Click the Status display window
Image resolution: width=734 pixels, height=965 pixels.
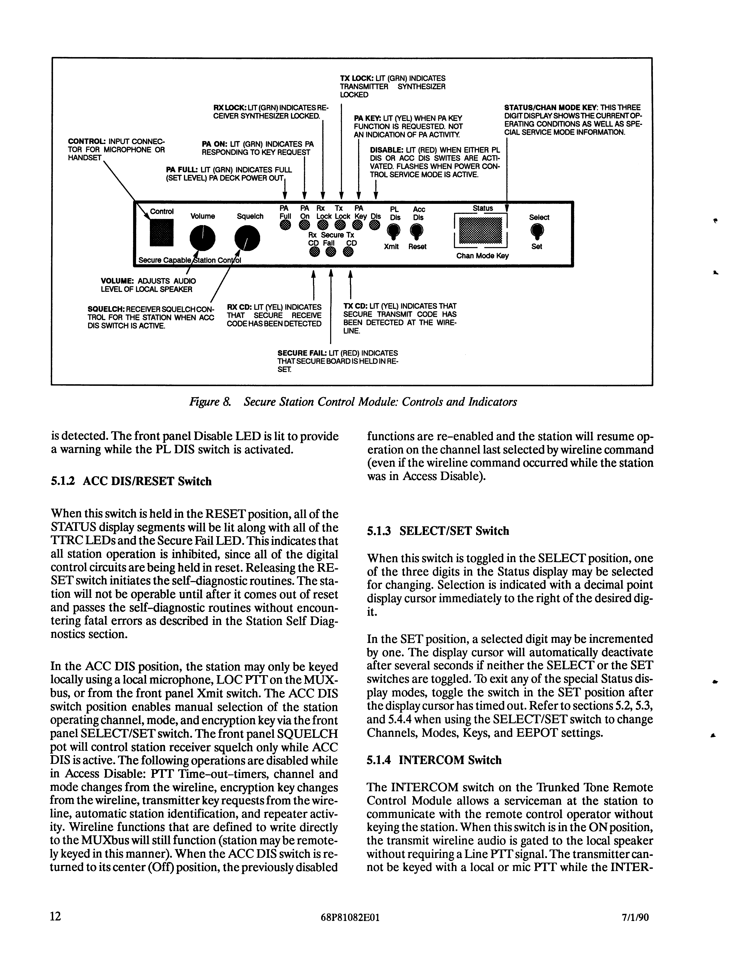(x=481, y=230)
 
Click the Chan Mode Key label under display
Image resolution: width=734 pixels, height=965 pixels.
(x=482, y=256)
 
